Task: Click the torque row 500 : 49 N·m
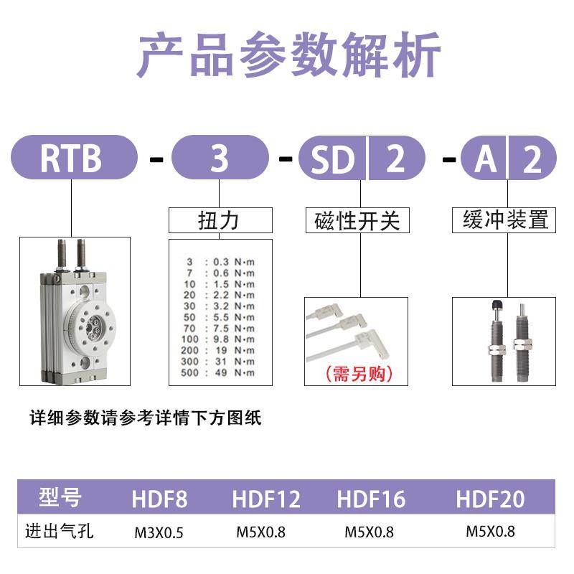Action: pyautogui.click(x=220, y=372)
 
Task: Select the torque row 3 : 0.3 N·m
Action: pyautogui.click(x=220, y=261)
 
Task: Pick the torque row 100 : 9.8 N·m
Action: pyautogui.click(x=220, y=339)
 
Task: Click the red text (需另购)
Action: pyautogui.click(x=355, y=374)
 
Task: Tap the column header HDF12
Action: pyautogui.click(x=265, y=499)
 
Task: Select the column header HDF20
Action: pyautogui.click(x=490, y=499)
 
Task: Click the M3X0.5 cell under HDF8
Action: pyautogui.click(x=159, y=532)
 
